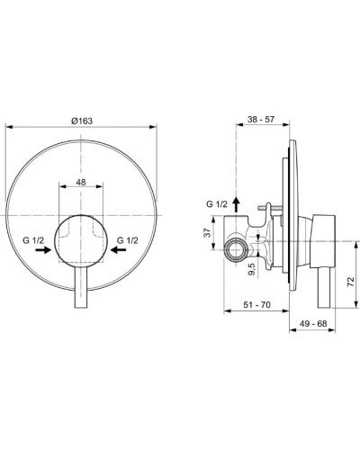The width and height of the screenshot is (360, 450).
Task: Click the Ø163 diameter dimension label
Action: point(83,119)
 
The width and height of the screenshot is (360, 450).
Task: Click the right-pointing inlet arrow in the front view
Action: point(40,254)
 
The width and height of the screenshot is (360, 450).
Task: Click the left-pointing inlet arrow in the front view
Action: point(121,254)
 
